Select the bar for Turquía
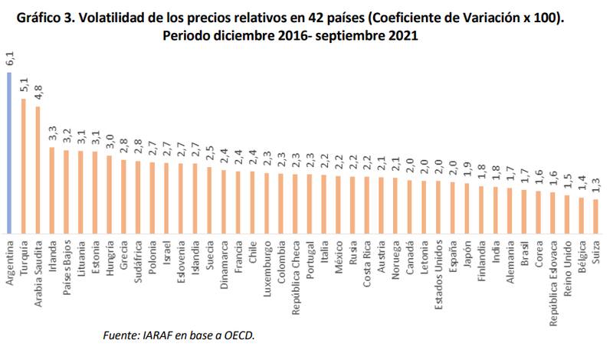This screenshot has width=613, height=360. tap(24, 165)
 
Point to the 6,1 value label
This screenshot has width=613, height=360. tap(10, 59)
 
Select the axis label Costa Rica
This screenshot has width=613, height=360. tap(367, 263)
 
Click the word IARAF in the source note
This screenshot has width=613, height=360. tap(155, 335)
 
